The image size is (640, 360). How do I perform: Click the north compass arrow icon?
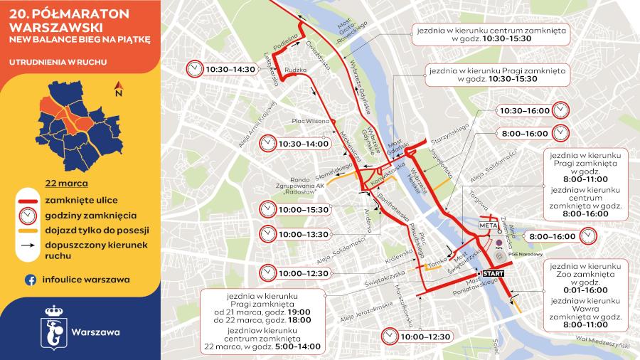coord(119,90)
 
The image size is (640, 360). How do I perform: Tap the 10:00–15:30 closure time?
coord(304,210)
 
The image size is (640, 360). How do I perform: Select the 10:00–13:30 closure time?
coord(304,233)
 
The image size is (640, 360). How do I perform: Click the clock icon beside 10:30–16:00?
coord(561,111)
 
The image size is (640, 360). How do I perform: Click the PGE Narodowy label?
coord(527,254)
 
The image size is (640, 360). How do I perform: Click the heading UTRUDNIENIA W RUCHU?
coord(58,62)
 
